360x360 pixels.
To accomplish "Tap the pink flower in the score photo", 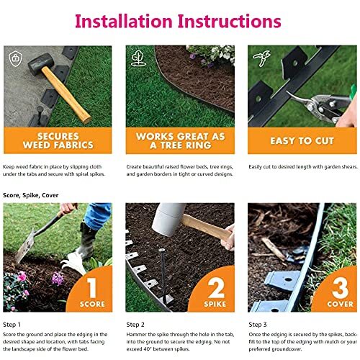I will tap(22, 276).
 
